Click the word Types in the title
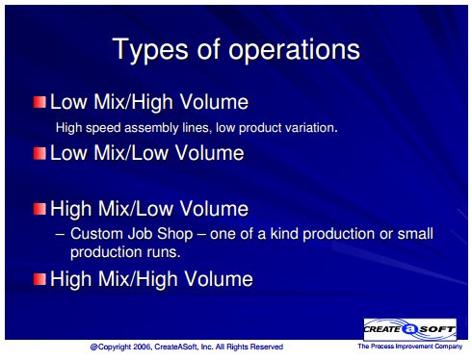tap(150, 50)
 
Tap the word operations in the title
tap(295, 50)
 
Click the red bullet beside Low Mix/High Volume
tap(39, 102)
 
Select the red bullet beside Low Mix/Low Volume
tap(39, 153)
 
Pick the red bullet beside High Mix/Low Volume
tap(39, 209)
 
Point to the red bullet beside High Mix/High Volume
tap(39, 279)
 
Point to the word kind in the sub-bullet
tap(284, 233)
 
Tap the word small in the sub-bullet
tap(415, 233)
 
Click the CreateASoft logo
tap(409, 329)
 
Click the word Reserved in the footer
tap(267, 347)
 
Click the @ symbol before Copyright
tap(93, 347)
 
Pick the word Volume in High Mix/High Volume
tap(220, 278)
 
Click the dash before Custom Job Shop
tap(60, 234)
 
